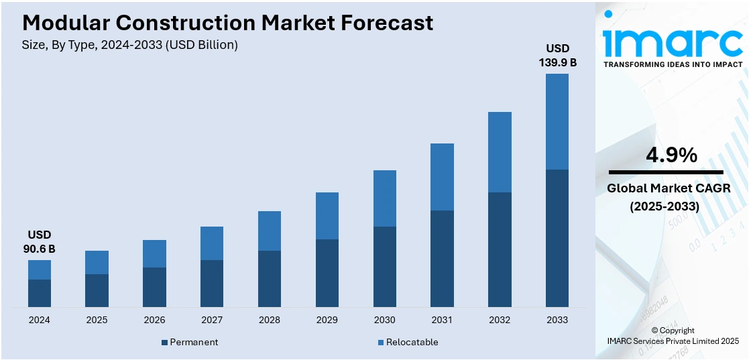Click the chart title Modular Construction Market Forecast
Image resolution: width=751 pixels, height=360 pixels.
228,22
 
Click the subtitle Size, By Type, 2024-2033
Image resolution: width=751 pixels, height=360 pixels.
130,45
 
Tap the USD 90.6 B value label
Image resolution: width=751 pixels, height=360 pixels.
40,242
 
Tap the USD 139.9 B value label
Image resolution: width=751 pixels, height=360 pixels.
557,56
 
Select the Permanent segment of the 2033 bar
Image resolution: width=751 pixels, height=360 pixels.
557,238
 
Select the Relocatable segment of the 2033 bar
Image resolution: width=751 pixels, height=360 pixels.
557,121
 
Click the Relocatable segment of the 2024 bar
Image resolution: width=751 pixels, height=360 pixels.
40,269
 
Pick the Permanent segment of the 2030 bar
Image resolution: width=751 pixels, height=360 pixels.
385,267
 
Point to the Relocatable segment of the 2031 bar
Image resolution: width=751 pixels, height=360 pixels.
443,177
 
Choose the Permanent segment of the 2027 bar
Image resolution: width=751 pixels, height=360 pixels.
212,284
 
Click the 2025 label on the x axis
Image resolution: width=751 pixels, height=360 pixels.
97,320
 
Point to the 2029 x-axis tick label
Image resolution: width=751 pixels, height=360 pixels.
327,320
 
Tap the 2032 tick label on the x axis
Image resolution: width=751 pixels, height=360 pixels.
500,320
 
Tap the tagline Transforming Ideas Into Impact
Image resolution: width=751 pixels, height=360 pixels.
673,64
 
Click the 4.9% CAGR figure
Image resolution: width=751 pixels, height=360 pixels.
671,156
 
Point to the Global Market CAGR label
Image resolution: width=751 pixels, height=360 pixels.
669,188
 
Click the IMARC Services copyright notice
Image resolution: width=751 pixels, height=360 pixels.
673,341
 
